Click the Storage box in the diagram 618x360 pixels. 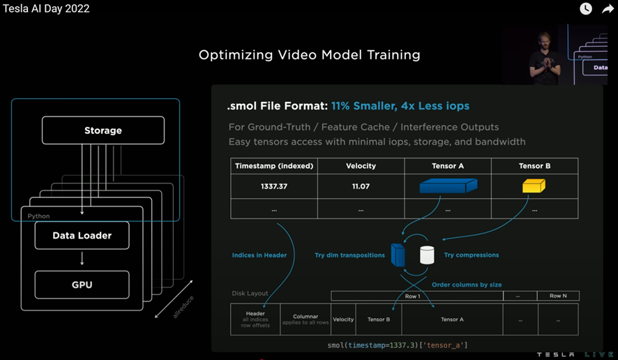[103, 130]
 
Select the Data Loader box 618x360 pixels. [82, 236]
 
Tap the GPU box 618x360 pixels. [82, 285]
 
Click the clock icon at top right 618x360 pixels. [586, 9]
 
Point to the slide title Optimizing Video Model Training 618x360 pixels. [309, 54]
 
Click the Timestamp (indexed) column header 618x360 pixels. [274, 166]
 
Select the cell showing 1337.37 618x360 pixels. [274, 186]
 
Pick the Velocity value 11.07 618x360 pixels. [361, 186]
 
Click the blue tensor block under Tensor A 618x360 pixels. [448, 186]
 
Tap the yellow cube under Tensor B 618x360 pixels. [534, 186]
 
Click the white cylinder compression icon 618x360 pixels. [427, 255]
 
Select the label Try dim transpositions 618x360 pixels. [349, 255]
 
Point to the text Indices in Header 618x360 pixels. [259, 255]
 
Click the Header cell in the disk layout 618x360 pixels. [255, 319]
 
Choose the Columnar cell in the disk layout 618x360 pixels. [306, 319]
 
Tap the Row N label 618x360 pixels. [557, 296]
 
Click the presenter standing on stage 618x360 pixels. [544, 58]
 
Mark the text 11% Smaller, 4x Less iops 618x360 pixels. [400, 106]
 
